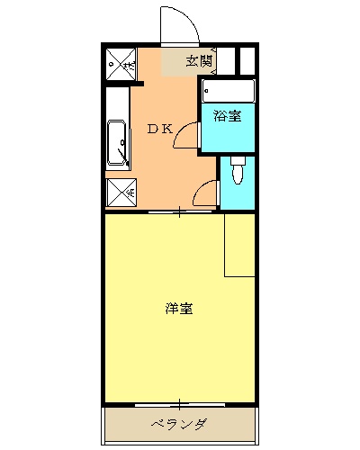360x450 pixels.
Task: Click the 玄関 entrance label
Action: [199, 61]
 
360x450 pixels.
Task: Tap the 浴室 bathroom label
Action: [227, 115]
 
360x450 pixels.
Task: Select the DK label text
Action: [159, 129]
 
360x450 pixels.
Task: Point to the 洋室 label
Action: [178, 309]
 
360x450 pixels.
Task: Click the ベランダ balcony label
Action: [178, 424]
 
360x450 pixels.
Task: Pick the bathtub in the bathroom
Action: [228, 91]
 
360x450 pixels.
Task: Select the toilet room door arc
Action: [206, 193]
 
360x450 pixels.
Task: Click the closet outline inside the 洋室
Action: [239, 245]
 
